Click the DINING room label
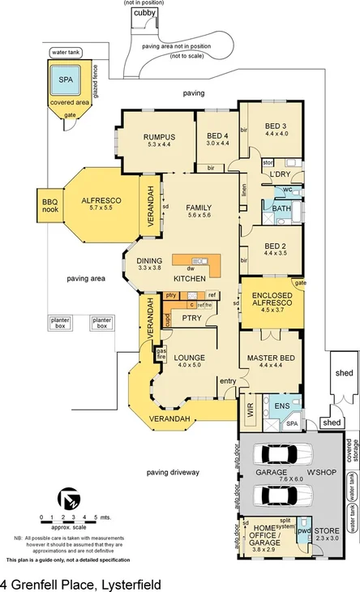point(150,263)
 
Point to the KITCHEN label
point(189,278)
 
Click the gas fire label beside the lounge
point(161,354)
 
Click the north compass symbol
point(69,497)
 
